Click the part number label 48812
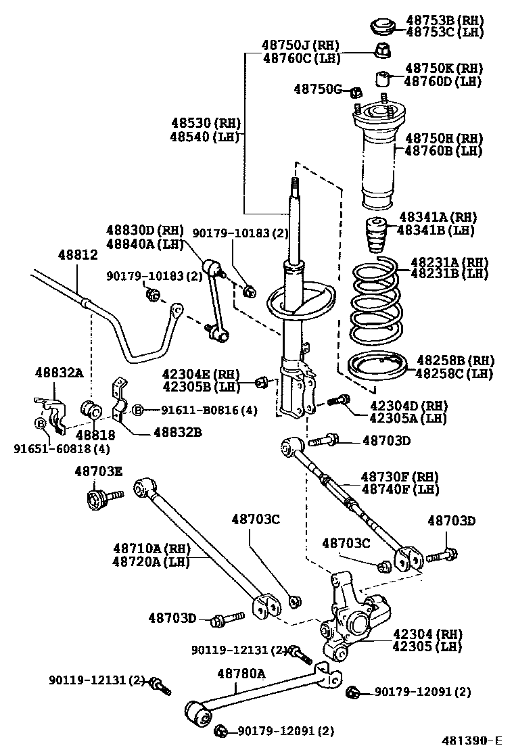point(78,255)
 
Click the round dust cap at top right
point(383,26)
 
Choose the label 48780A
point(241,673)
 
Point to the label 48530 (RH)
point(205,123)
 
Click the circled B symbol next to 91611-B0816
point(137,410)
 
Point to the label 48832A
point(59,372)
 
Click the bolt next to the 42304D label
point(338,401)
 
